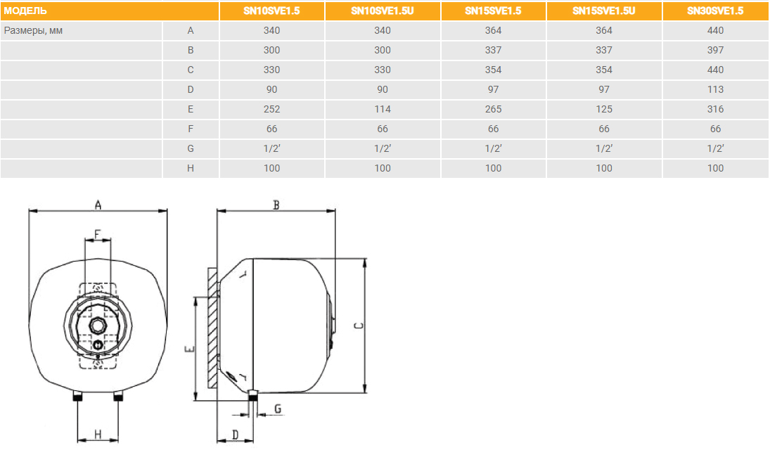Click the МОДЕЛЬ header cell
(25, 11)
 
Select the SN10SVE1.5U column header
(383, 11)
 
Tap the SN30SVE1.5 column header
(715, 11)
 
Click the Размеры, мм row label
(33, 30)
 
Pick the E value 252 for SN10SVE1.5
(271, 109)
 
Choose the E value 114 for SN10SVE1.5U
(383, 109)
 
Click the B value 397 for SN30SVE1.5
(715, 50)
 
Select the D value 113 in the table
(715, 89)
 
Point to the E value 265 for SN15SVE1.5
(493, 109)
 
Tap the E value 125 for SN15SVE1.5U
(604, 109)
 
